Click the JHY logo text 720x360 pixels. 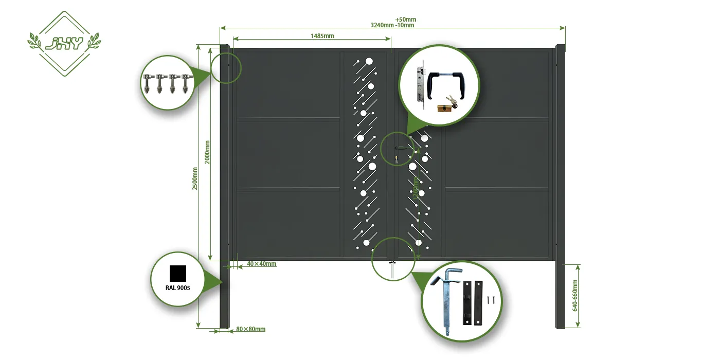[64, 44]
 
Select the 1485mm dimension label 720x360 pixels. [322, 36]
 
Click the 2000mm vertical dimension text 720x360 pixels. [207, 152]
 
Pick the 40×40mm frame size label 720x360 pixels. [262, 264]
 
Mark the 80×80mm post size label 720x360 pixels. [251, 329]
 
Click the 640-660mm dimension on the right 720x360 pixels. [575, 296]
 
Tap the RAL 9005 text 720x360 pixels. [178, 288]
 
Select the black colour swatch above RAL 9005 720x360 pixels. [178, 273]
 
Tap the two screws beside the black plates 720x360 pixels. [491, 298]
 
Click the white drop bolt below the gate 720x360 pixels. [393, 270]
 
